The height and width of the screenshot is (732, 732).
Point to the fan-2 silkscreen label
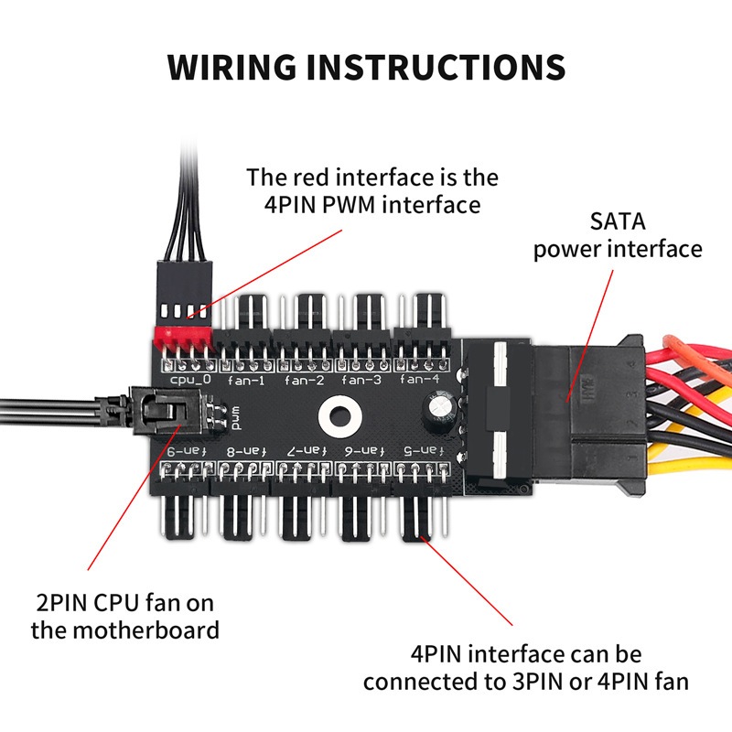pyautogui.click(x=304, y=379)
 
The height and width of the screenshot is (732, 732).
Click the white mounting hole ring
pyautogui.click(x=336, y=415)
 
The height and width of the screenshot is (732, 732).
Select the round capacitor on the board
pyautogui.click(x=436, y=409)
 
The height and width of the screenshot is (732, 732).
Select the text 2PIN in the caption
pyautogui.click(x=59, y=604)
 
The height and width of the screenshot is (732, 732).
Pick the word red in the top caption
pyautogui.click(x=307, y=177)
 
